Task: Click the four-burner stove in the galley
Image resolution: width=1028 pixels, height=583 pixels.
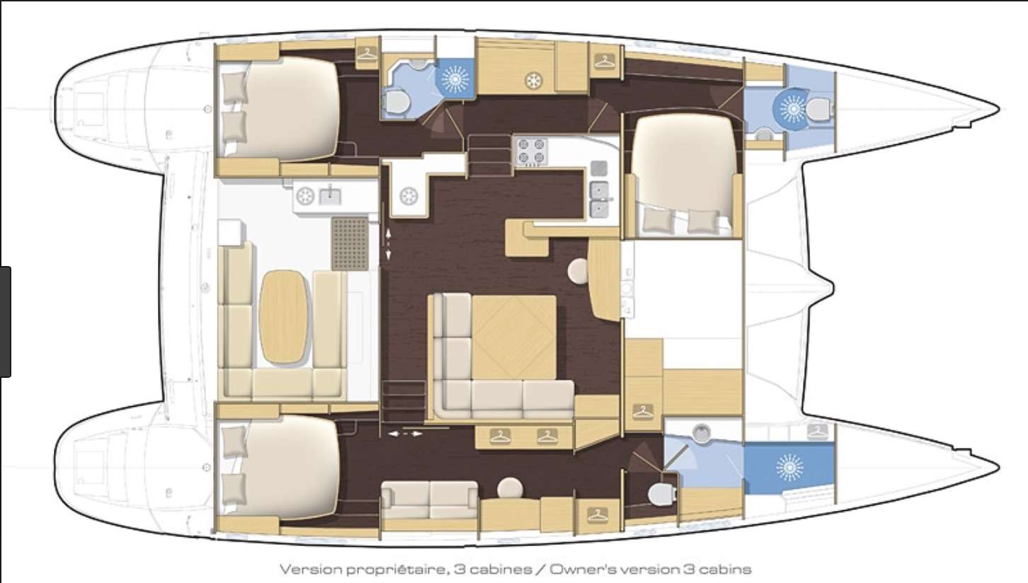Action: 531,151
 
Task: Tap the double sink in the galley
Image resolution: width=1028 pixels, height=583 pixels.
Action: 600,200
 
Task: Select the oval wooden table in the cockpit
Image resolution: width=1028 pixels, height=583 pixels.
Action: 284,316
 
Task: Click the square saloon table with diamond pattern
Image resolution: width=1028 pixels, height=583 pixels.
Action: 514,337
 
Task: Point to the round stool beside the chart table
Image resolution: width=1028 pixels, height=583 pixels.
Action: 578,271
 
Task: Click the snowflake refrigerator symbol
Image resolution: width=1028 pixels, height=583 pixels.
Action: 533,81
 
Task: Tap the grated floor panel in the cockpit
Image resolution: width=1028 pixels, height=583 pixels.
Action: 350,243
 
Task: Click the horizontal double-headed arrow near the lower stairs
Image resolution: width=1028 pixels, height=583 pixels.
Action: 405,434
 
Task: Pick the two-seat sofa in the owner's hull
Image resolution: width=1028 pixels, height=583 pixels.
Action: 429,500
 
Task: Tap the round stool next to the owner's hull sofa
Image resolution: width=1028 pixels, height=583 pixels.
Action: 510,488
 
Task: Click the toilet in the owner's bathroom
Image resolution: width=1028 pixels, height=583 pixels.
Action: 662,495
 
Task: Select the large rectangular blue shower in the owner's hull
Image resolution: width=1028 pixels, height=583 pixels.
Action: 789,468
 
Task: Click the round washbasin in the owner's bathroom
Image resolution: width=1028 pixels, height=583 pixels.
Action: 702,433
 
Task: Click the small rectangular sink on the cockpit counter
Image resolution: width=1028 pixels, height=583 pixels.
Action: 330,196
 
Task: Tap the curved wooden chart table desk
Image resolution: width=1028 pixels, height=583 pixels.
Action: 605,279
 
